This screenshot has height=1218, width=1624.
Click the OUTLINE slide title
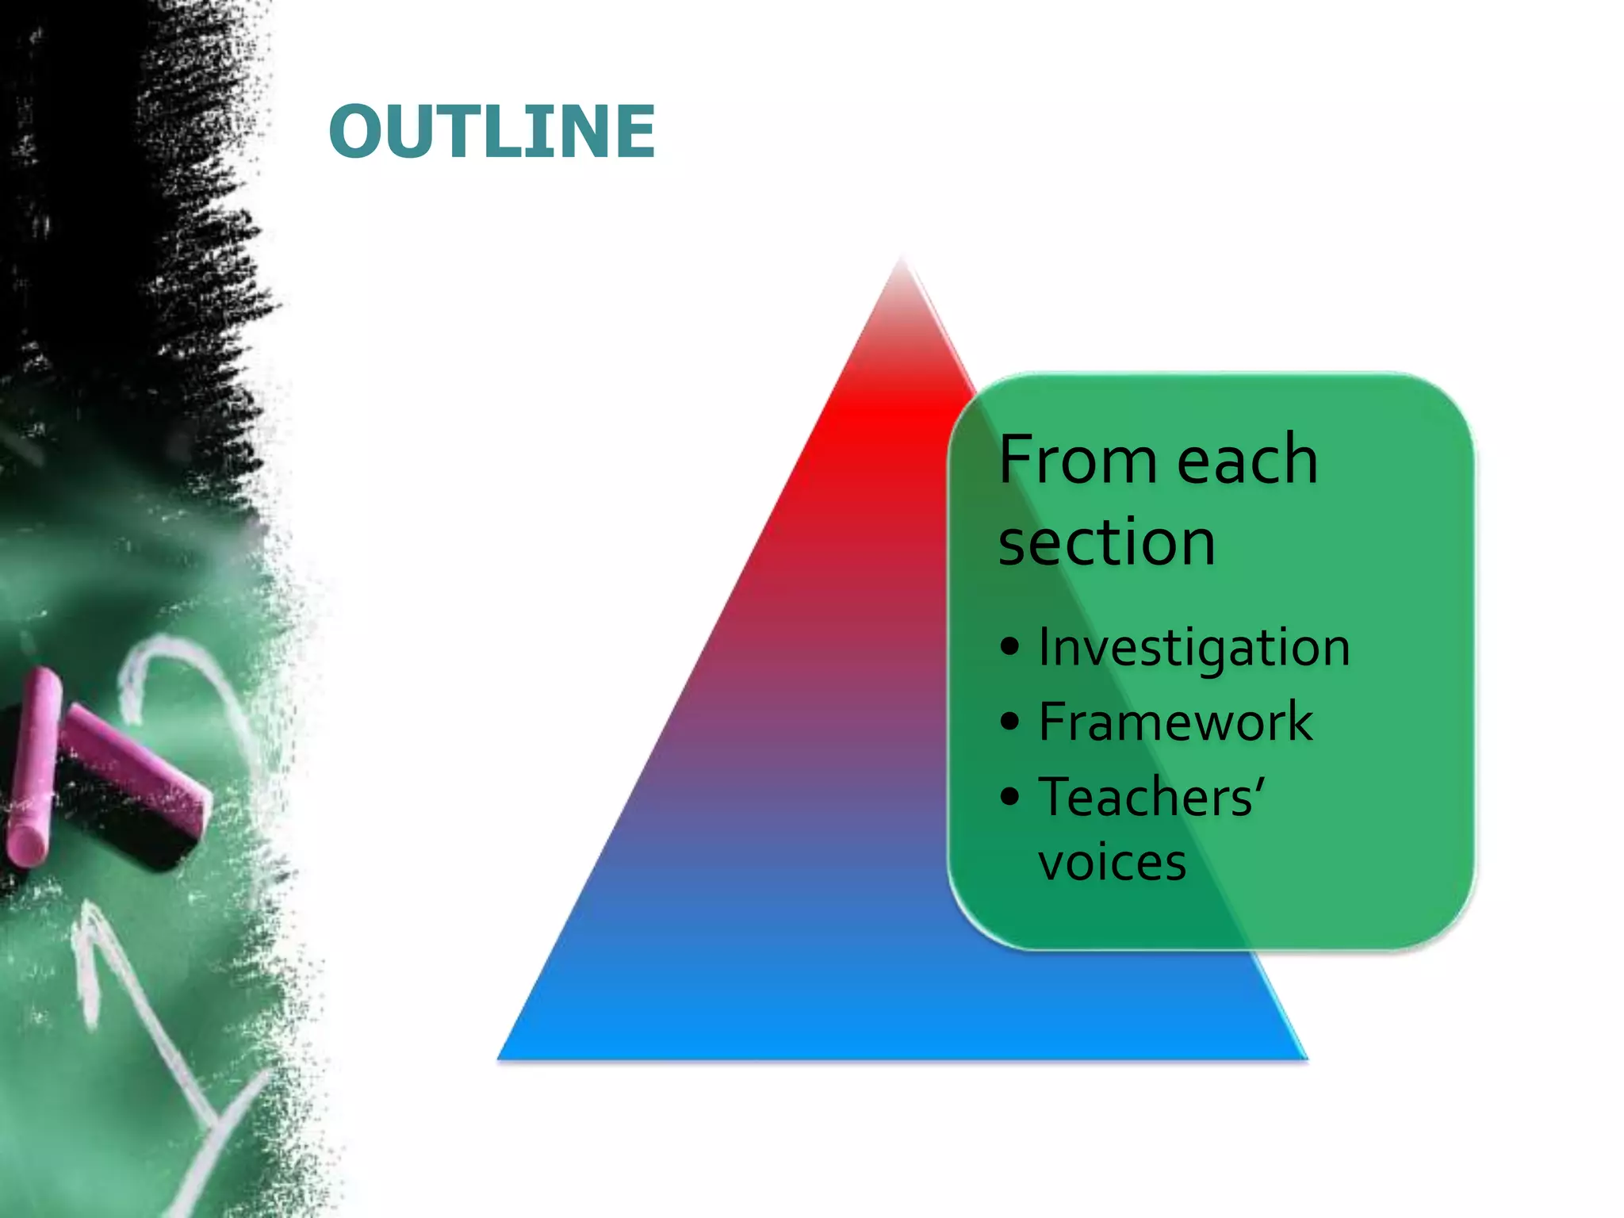tap(492, 132)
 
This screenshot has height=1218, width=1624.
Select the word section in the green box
tap(1107, 542)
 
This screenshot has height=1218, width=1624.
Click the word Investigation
tap(1194, 648)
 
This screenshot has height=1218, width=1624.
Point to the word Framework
tap(1175, 722)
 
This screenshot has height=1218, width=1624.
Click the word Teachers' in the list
tap(1151, 797)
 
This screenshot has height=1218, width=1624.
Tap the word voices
tap(1112, 863)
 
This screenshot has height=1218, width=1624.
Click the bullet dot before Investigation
tap(1009, 646)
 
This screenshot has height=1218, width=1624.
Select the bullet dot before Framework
tap(1009, 722)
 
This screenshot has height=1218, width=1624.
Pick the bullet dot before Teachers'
tap(1009, 796)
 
